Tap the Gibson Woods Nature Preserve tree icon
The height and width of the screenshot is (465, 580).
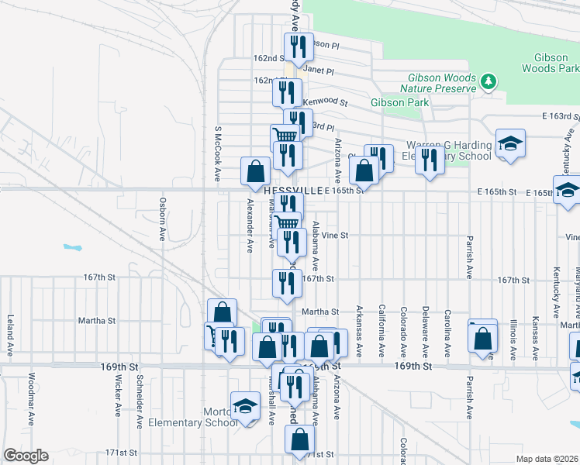tap(489, 81)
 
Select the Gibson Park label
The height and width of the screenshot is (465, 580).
tap(399, 102)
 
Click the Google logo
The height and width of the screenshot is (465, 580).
tap(26, 456)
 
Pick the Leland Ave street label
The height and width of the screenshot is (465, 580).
tap(10, 333)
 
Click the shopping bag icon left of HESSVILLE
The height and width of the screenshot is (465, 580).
tap(256, 171)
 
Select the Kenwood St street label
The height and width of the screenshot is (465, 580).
tap(325, 102)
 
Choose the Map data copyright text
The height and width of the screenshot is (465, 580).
tap(547, 459)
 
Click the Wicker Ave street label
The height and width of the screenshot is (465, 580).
tap(118, 407)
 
